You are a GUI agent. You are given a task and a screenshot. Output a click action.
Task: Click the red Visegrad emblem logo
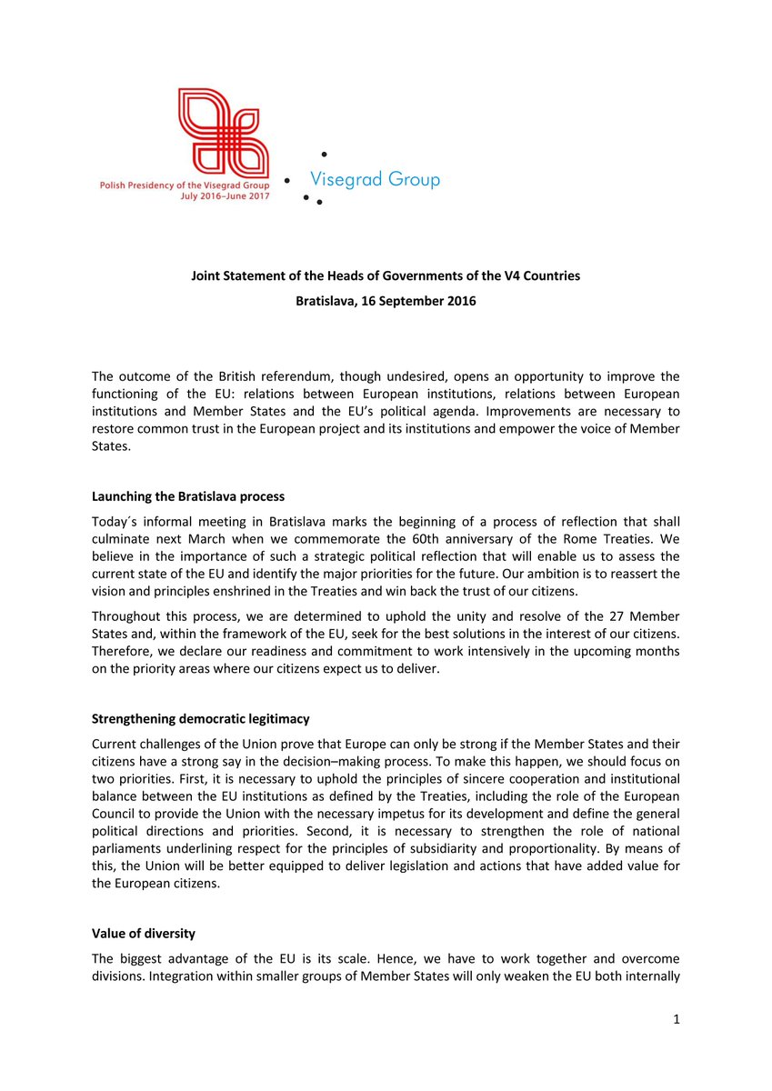223,126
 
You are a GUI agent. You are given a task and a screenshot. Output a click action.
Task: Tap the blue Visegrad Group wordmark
375,179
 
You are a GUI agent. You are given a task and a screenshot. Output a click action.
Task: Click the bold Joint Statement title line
386,275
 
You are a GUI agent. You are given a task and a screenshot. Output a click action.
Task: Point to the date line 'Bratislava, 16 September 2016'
386,300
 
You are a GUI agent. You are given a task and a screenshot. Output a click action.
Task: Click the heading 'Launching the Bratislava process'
188,496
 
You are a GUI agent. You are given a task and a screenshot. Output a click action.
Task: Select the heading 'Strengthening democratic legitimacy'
200,718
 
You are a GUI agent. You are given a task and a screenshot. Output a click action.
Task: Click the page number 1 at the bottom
677,1020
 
